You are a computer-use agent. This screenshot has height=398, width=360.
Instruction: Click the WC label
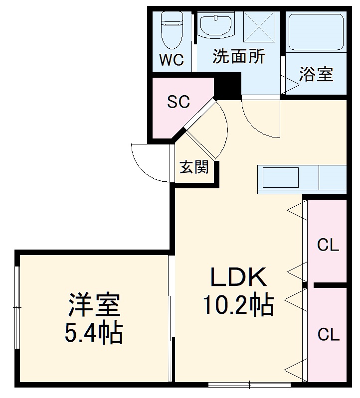click(x=172, y=60)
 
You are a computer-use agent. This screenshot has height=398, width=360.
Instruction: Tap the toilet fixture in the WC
click(x=172, y=30)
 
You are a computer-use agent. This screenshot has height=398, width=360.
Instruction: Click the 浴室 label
click(x=315, y=75)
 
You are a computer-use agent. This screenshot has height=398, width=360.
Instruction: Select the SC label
click(x=178, y=102)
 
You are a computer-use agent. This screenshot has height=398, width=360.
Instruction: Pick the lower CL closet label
click(x=328, y=335)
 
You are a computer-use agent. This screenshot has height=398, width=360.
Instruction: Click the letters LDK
click(x=238, y=277)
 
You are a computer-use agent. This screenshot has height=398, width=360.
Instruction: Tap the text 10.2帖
click(x=238, y=305)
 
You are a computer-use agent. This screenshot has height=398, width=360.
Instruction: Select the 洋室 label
click(x=95, y=305)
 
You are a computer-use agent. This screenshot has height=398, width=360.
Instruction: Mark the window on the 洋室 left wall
click(x=17, y=309)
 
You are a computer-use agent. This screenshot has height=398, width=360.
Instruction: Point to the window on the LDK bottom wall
click(x=249, y=384)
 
